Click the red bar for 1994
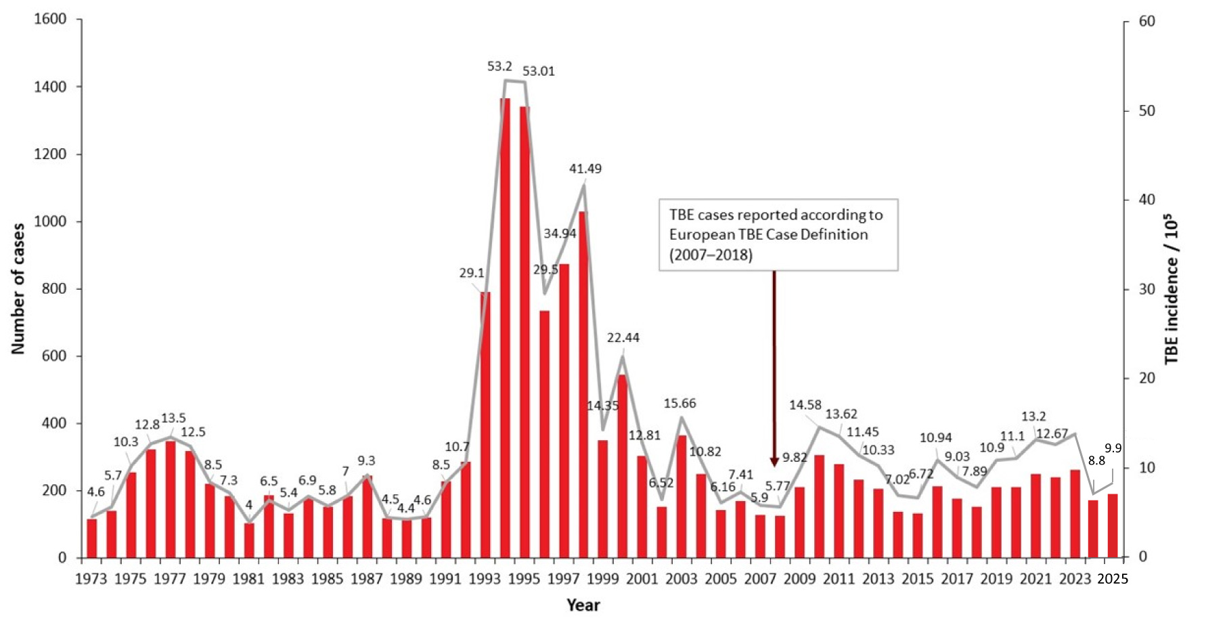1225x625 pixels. [x=505, y=328]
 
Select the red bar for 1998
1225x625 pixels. [x=583, y=385]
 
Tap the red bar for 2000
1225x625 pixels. [x=623, y=467]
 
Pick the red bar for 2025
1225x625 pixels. [x=1113, y=526]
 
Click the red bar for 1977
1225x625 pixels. [x=171, y=500]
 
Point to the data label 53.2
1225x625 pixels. [x=499, y=66]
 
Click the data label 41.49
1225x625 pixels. [x=585, y=169]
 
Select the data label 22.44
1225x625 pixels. [x=623, y=337]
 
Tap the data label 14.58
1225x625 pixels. [x=805, y=405]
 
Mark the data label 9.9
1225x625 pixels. [x=1113, y=448]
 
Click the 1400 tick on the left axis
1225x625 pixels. [x=50, y=87]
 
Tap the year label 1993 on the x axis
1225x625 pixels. [x=485, y=579]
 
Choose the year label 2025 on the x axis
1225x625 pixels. [x=1113, y=579]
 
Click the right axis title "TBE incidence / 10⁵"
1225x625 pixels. [x=1172, y=289]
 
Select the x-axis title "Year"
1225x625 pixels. [x=583, y=605]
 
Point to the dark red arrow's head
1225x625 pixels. [x=774, y=462]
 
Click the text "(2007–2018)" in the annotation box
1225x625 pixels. [x=711, y=255]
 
